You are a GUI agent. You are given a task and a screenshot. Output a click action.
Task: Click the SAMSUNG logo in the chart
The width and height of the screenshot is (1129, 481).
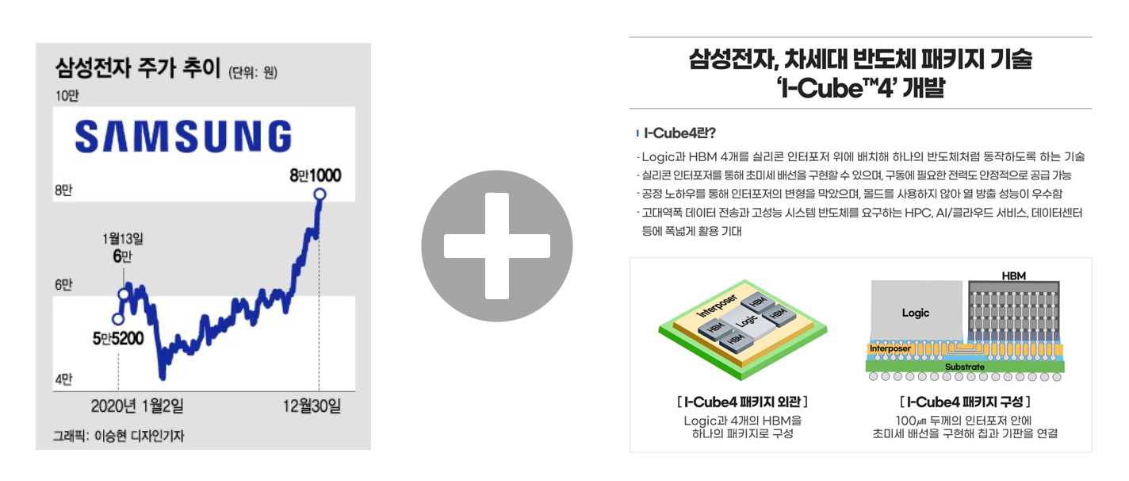click(x=183, y=136)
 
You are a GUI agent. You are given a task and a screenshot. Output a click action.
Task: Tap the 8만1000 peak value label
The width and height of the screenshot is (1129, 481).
click(x=316, y=175)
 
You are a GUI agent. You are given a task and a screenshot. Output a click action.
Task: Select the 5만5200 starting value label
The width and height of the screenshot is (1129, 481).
click(x=117, y=339)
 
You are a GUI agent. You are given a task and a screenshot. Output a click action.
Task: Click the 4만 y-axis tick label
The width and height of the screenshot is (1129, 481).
click(x=63, y=379)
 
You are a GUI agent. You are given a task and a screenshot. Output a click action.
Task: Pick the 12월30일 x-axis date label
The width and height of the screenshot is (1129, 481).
click(x=312, y=406)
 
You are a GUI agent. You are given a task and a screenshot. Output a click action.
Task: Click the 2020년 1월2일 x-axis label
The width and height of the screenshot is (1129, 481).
click(x=137, y=406)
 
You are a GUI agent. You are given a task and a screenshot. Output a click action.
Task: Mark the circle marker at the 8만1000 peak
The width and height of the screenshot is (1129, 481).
click(x=320, y=194)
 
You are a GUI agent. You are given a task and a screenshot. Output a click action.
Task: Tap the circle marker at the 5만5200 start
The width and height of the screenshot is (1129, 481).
click(x=118, y=319)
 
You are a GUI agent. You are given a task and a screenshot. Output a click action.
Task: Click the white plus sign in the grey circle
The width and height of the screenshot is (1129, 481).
click(x=496, y=246)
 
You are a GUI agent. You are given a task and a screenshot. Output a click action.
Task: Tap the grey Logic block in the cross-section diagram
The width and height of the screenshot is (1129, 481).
click(x=916, y=313)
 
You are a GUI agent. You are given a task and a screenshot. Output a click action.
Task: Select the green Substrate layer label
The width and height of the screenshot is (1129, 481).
click(x=964, y=367)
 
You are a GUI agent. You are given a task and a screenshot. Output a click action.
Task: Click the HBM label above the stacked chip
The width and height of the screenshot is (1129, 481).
click(x=1013, y=275)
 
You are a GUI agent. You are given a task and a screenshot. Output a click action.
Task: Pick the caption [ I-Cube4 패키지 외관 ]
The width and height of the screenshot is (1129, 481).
click(x=742, y=402)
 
